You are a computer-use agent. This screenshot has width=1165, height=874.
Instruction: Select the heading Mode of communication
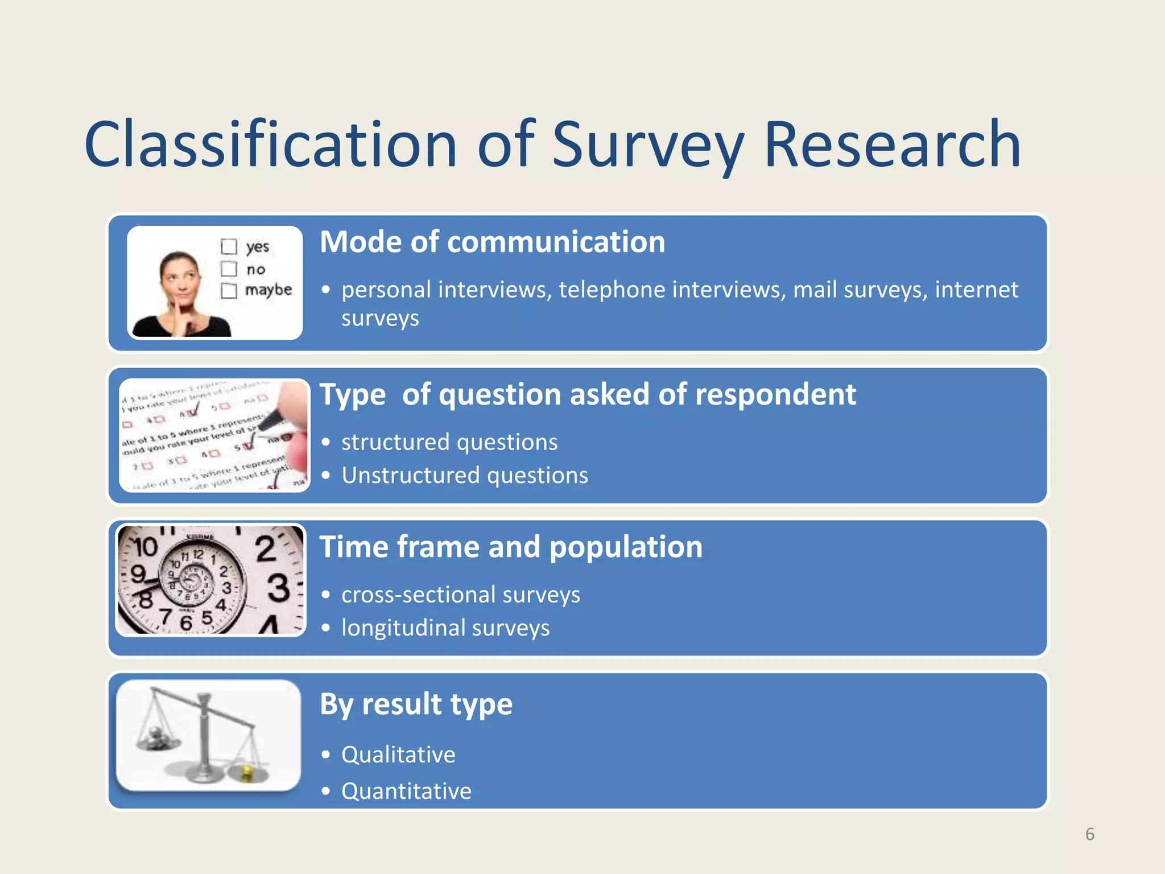[x=492, y=242]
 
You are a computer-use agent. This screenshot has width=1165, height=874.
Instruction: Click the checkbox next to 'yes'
[x=229, y=246]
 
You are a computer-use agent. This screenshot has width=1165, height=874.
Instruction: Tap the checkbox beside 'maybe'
[x=229, y=291]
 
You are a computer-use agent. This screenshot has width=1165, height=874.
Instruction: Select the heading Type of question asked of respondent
[x=587, y=394]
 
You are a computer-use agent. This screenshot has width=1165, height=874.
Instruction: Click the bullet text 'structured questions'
[x=449, y=442]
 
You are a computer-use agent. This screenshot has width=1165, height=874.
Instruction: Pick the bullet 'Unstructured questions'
[x=464, y=475]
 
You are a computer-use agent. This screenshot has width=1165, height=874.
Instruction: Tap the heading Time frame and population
[x=511, y=547]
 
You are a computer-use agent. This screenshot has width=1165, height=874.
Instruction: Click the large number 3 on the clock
[x=279, y=588]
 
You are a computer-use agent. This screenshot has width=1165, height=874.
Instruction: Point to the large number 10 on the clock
[x=146, y=547]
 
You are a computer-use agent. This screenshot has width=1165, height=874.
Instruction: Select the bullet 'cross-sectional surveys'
[x=460, y=595]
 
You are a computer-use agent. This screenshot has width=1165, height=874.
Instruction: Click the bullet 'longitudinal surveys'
[x=445, y=628]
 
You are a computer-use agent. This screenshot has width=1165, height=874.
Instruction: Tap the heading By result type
[x=416, y=704]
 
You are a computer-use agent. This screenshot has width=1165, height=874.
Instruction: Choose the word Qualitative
[x=398, y=755]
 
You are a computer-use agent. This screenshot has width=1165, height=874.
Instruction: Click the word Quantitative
[x=406, y=791]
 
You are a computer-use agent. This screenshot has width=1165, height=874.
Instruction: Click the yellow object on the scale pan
[x=247, y=772]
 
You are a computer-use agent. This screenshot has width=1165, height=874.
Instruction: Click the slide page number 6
[x=1089, y=834]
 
